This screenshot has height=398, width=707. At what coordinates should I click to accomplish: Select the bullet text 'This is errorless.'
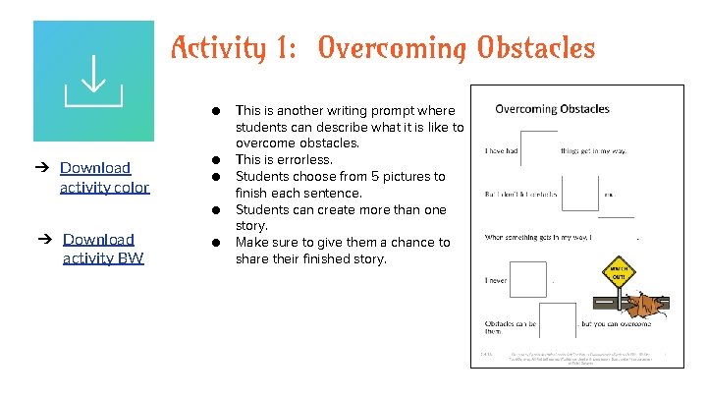tap(284, 160)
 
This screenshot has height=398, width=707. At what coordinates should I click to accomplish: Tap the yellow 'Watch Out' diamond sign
tap(619, 270)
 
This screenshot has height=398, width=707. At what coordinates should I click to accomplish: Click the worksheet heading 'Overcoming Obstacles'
tap(552, 109)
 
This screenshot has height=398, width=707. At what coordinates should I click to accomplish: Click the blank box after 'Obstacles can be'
tap(558, 320)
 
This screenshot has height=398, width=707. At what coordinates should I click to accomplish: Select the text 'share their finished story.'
tap(311, 259)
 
